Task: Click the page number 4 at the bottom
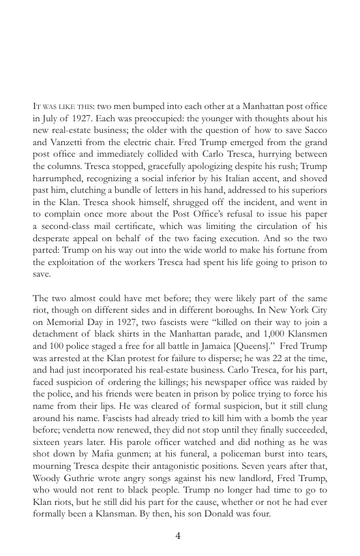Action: coord(178,535)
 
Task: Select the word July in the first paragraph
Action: coord(51,118)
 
